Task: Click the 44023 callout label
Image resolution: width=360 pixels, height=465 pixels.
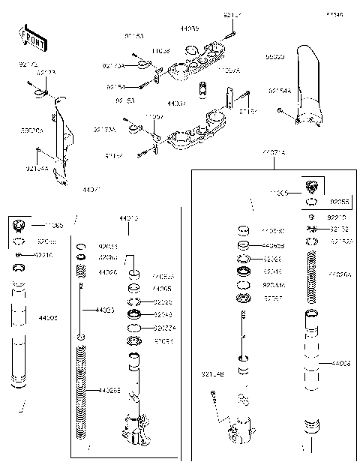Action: [104, 309]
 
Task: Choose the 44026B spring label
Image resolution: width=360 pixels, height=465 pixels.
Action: [109, 390]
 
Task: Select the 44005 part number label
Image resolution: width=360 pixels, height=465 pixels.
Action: [161, 287]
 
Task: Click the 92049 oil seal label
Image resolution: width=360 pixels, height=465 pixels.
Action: [163, 314]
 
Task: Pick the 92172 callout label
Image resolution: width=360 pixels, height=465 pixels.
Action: [339, 229]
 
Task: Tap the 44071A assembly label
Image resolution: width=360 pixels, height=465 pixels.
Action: [273, 152]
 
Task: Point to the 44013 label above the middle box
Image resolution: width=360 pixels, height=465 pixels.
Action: [128, 218]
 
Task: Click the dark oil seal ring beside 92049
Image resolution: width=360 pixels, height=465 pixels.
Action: [134, 313]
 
